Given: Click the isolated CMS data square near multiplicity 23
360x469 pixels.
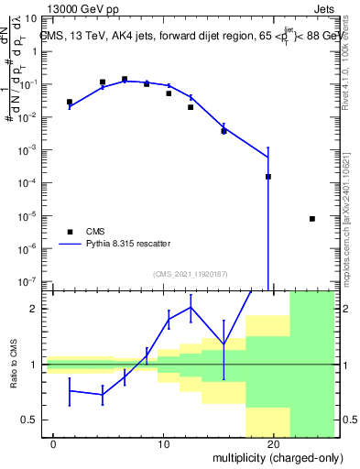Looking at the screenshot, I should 312,219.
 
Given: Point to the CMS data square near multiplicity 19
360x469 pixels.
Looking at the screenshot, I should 268,177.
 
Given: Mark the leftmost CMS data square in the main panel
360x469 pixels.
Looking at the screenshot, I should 70,102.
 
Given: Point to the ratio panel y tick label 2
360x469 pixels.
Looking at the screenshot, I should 38,310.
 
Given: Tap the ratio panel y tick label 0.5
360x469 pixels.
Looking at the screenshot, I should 34,420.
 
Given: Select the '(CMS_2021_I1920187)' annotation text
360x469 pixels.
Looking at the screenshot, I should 190,273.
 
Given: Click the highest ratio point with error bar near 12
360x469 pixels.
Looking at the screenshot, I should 191,307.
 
